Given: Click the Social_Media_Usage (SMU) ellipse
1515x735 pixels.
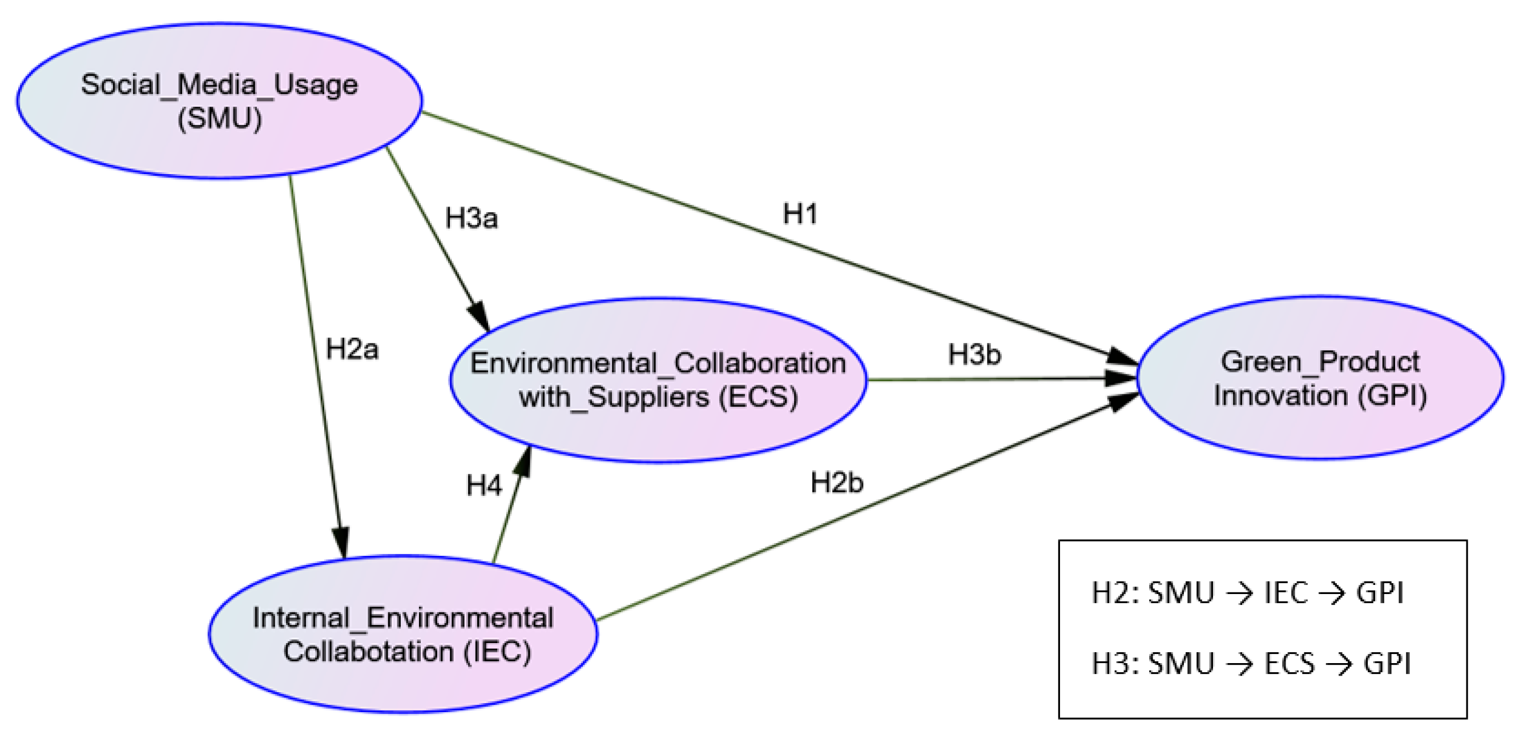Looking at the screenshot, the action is (219, 101).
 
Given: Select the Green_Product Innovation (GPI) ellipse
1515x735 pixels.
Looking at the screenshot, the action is (1320, 378).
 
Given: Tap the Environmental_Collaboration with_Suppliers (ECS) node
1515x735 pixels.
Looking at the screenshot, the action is (658, 380).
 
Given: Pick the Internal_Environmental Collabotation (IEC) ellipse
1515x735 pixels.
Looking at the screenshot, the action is (404, 634).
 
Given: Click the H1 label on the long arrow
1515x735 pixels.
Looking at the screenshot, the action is (800, 214).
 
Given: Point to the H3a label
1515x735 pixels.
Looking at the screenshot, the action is (471, 219).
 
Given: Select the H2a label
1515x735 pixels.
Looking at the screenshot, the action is (352, 350).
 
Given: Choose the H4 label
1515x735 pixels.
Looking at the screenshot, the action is (483, 486).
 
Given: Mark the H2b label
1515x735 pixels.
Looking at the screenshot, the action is (836, 483).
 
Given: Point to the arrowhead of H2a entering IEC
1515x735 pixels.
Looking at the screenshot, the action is (341, 542).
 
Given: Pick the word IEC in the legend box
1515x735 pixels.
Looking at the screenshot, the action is (1286, 593).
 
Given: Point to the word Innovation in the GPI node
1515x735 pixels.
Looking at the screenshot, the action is (1280, 395).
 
